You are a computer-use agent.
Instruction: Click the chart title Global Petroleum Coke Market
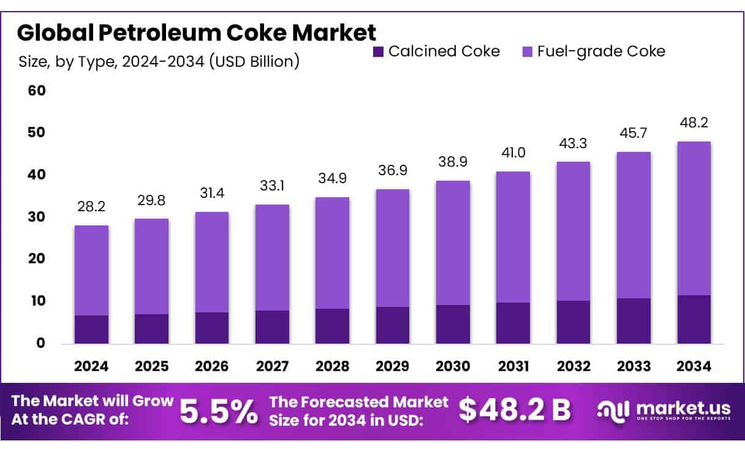pyautogui.click(x=196, y=32)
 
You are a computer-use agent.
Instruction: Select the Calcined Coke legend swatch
pyautogui.click(x=378, y=51)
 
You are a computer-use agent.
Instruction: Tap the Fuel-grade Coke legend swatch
pyautogui.click(x=526, y=51)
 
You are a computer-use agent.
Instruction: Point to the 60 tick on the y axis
pyautogui.click(x=36, y=91)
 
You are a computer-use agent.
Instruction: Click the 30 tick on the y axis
pyautogui.click(x=36, y=217)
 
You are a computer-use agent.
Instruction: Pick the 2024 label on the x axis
pyautogui.click(x=91, y=366)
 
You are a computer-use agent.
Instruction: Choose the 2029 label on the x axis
pyautogui.click(x=393, y=366)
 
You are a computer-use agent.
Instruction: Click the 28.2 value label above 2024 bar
pyautogui.click(x=92, y=206)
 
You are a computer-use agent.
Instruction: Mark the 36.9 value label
pyautogui.click(x=393, y=170)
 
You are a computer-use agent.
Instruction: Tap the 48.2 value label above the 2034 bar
pyautogui.click(x=694, y=123)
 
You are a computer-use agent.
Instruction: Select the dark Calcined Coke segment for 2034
pyautogui.click(x=694, y=319)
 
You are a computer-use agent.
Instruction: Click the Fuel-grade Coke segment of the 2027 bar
pyautogui.click(x=273, y=257)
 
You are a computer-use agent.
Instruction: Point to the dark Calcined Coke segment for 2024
pyautogui.click(x=91, y=329)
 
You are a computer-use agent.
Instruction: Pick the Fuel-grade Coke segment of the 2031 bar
pyautogui.click(x=513, y=236)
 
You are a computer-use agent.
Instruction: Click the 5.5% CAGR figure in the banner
pyautogui.click(x=219, y=411)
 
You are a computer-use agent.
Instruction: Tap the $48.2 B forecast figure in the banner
pyautogui.click(x=515, y=410)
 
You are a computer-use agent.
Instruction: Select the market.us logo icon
pyautogui.click(x=613, y=410)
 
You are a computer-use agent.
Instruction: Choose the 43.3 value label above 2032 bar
pyautogui.click(x=573, y=142)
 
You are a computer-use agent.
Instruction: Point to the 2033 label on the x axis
pyautogui.click(x=633, y=366)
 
